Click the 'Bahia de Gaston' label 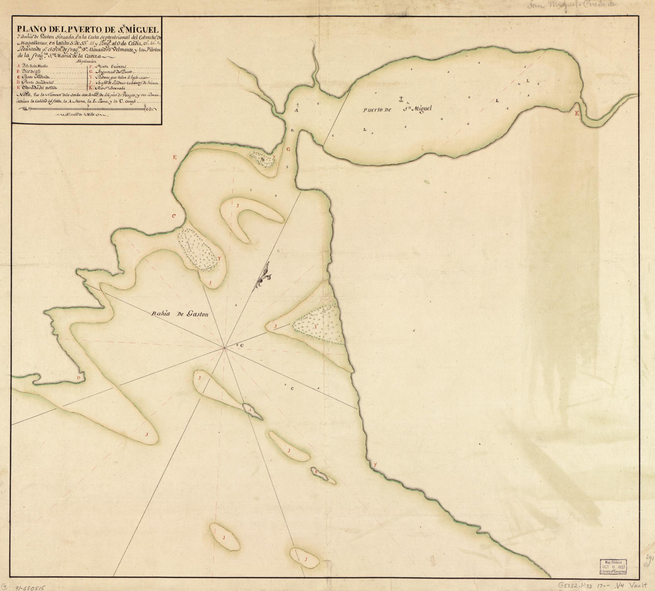click(179, 314)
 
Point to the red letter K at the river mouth click(577, 113)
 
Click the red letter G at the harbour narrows click(288, 150)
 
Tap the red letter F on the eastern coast click(376, 465)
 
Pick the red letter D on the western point click(78, 377)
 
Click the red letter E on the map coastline click(175, 157)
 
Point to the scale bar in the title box click(88, 110)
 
